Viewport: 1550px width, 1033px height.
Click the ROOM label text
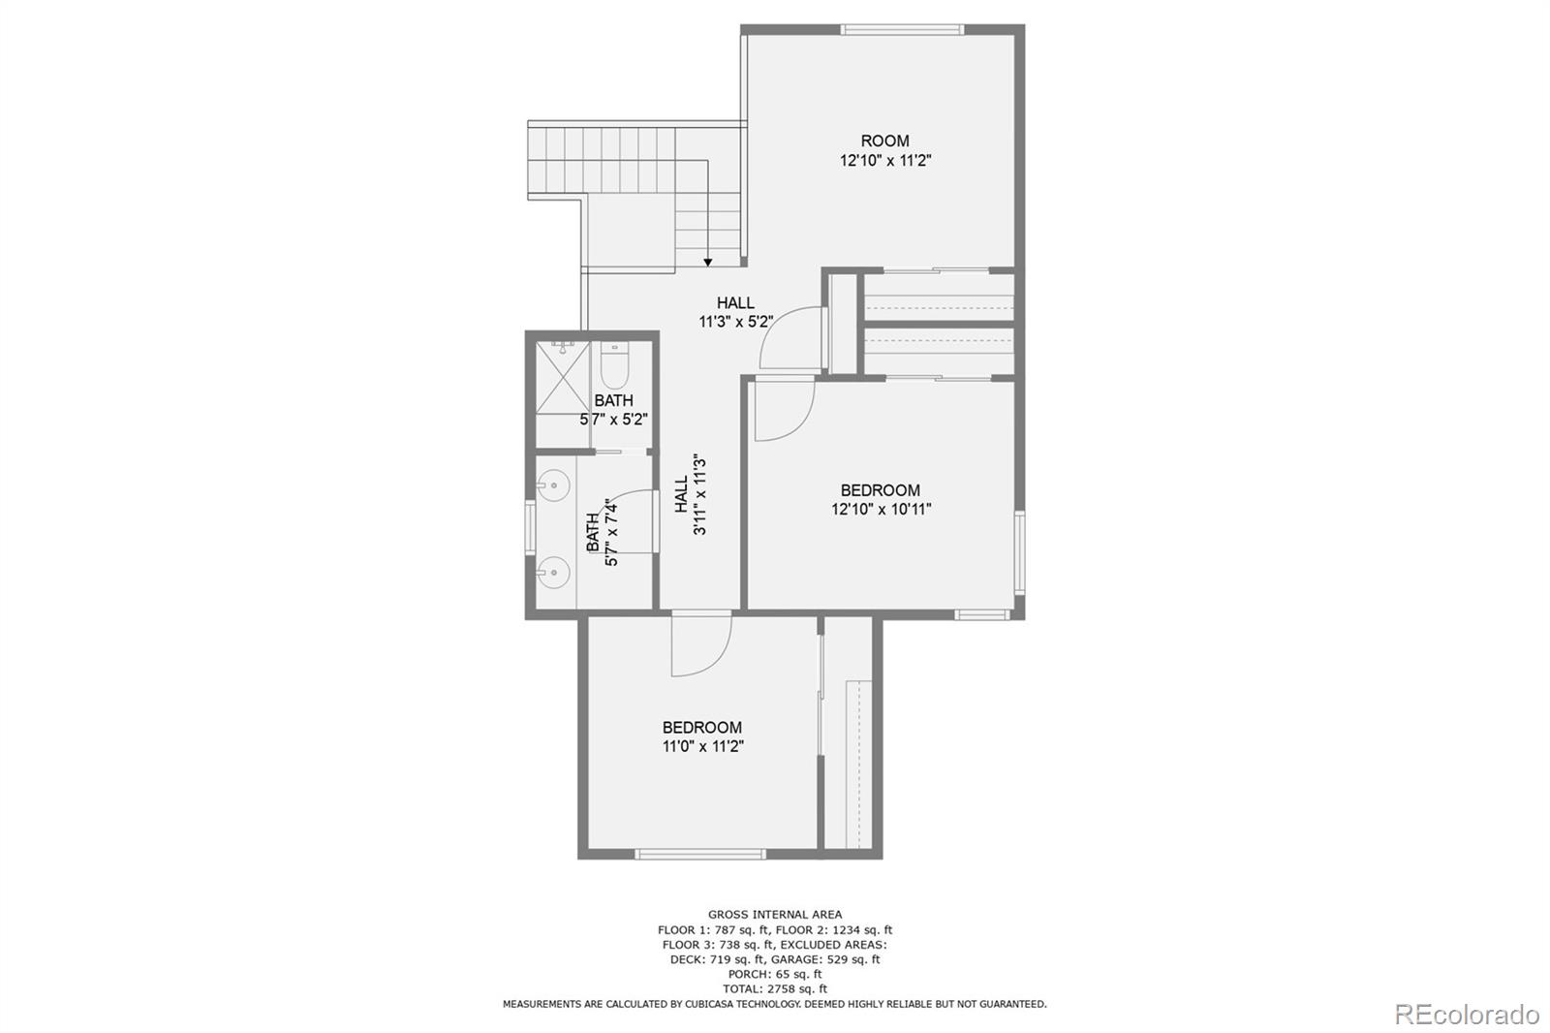[884, 141]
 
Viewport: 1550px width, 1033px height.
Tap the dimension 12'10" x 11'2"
[884, 161]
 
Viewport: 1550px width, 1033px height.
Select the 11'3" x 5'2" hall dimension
[735, 322]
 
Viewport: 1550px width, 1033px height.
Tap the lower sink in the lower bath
[553, 572]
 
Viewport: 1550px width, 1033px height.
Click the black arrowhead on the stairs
[708, 262]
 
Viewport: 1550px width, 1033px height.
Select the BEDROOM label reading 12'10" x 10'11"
[880, 490]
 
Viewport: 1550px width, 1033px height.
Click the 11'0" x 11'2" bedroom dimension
[702, 747]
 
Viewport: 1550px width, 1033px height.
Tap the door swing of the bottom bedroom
[699, 644]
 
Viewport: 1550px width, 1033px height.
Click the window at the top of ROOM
[902, 30]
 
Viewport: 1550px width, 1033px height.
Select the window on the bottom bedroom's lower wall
[700, 854]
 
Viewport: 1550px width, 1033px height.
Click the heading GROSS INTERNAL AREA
[774, 914]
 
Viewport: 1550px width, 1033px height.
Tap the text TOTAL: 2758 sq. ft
[774, 988]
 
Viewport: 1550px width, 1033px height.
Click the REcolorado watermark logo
[1466, 1015]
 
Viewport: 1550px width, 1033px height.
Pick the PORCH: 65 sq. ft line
[774, 974]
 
